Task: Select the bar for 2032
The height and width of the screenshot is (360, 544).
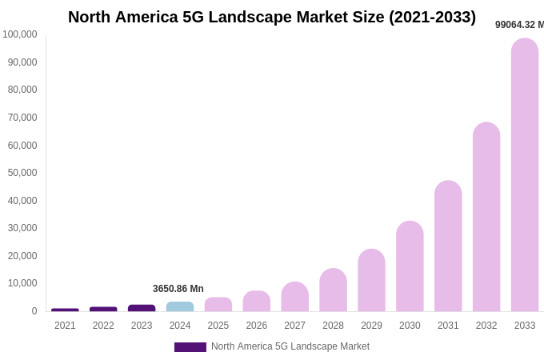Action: pyautogui.click(x=486, y=217)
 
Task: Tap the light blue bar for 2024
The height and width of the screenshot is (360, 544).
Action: pyautogui.click(x=180, y=306)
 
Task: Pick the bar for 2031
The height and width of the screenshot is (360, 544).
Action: pyautogui.click(x=448, y=246)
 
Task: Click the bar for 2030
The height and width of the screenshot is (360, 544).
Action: pyautogui.click(x=410, y=266)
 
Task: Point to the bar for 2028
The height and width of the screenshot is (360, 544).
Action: pyautogui.click(x=333, y=290)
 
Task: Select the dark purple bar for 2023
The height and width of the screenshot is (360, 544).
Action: pyautogui.click(x=142, y=308)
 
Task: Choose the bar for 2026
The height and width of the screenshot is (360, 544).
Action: pyautogui.click(x=257, y=301)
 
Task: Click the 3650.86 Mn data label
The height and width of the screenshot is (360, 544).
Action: pyautogui.click(x=178, y=289)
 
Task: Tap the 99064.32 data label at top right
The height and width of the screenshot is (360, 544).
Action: pyautogui.click(x=519, y=25)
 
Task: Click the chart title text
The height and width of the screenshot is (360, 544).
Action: pyautogui.click(x=272, y=17)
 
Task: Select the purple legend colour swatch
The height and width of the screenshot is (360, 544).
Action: pyautogui.click(x=190, y=347)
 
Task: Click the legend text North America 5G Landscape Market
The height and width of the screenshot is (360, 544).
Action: pyautogui.click(x=290, y=346)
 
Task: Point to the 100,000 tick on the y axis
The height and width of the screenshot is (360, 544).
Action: pyautogui.click(x=20, y=34)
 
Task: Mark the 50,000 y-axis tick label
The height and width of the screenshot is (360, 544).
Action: pyautogui.click(x=22, y=173)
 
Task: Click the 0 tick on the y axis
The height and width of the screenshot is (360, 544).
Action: pyautogui.click(x=34, y=311)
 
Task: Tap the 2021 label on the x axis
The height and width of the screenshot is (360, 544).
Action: pyautogui.click(x=65, y=326)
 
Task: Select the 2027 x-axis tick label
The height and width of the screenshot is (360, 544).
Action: pyautogui.click(x=294, y=326)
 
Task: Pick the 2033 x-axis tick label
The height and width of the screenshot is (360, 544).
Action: pyautogui.click(x=525, y=326)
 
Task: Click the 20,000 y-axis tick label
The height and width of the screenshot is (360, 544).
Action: pyautogui.click(x=22, y=256)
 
